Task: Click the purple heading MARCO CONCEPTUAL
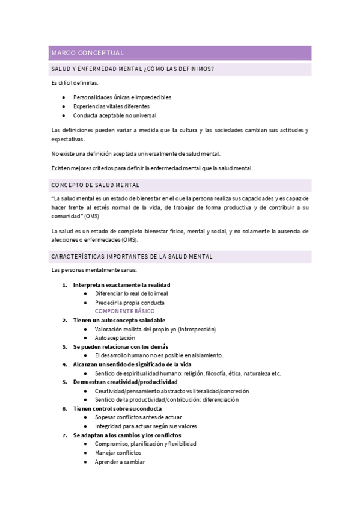[88, 53]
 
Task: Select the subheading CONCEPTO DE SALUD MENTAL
[96, 185]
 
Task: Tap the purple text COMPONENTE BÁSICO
[124, 312]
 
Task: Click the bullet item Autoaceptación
[114, 338]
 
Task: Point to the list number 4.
[65, 364]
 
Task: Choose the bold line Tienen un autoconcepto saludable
[119, 321]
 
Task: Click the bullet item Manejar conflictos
[118, 453]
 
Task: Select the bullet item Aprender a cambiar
[120, 462]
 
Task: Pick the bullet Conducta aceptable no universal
[115, 115]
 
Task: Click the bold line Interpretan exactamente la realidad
[120, 284]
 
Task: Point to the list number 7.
[65, 435]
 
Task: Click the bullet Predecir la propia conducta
[129, 303]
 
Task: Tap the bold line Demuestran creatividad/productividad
[125, 382]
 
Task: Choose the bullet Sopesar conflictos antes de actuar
[138, 417]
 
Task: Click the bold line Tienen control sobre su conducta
[120, 408]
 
